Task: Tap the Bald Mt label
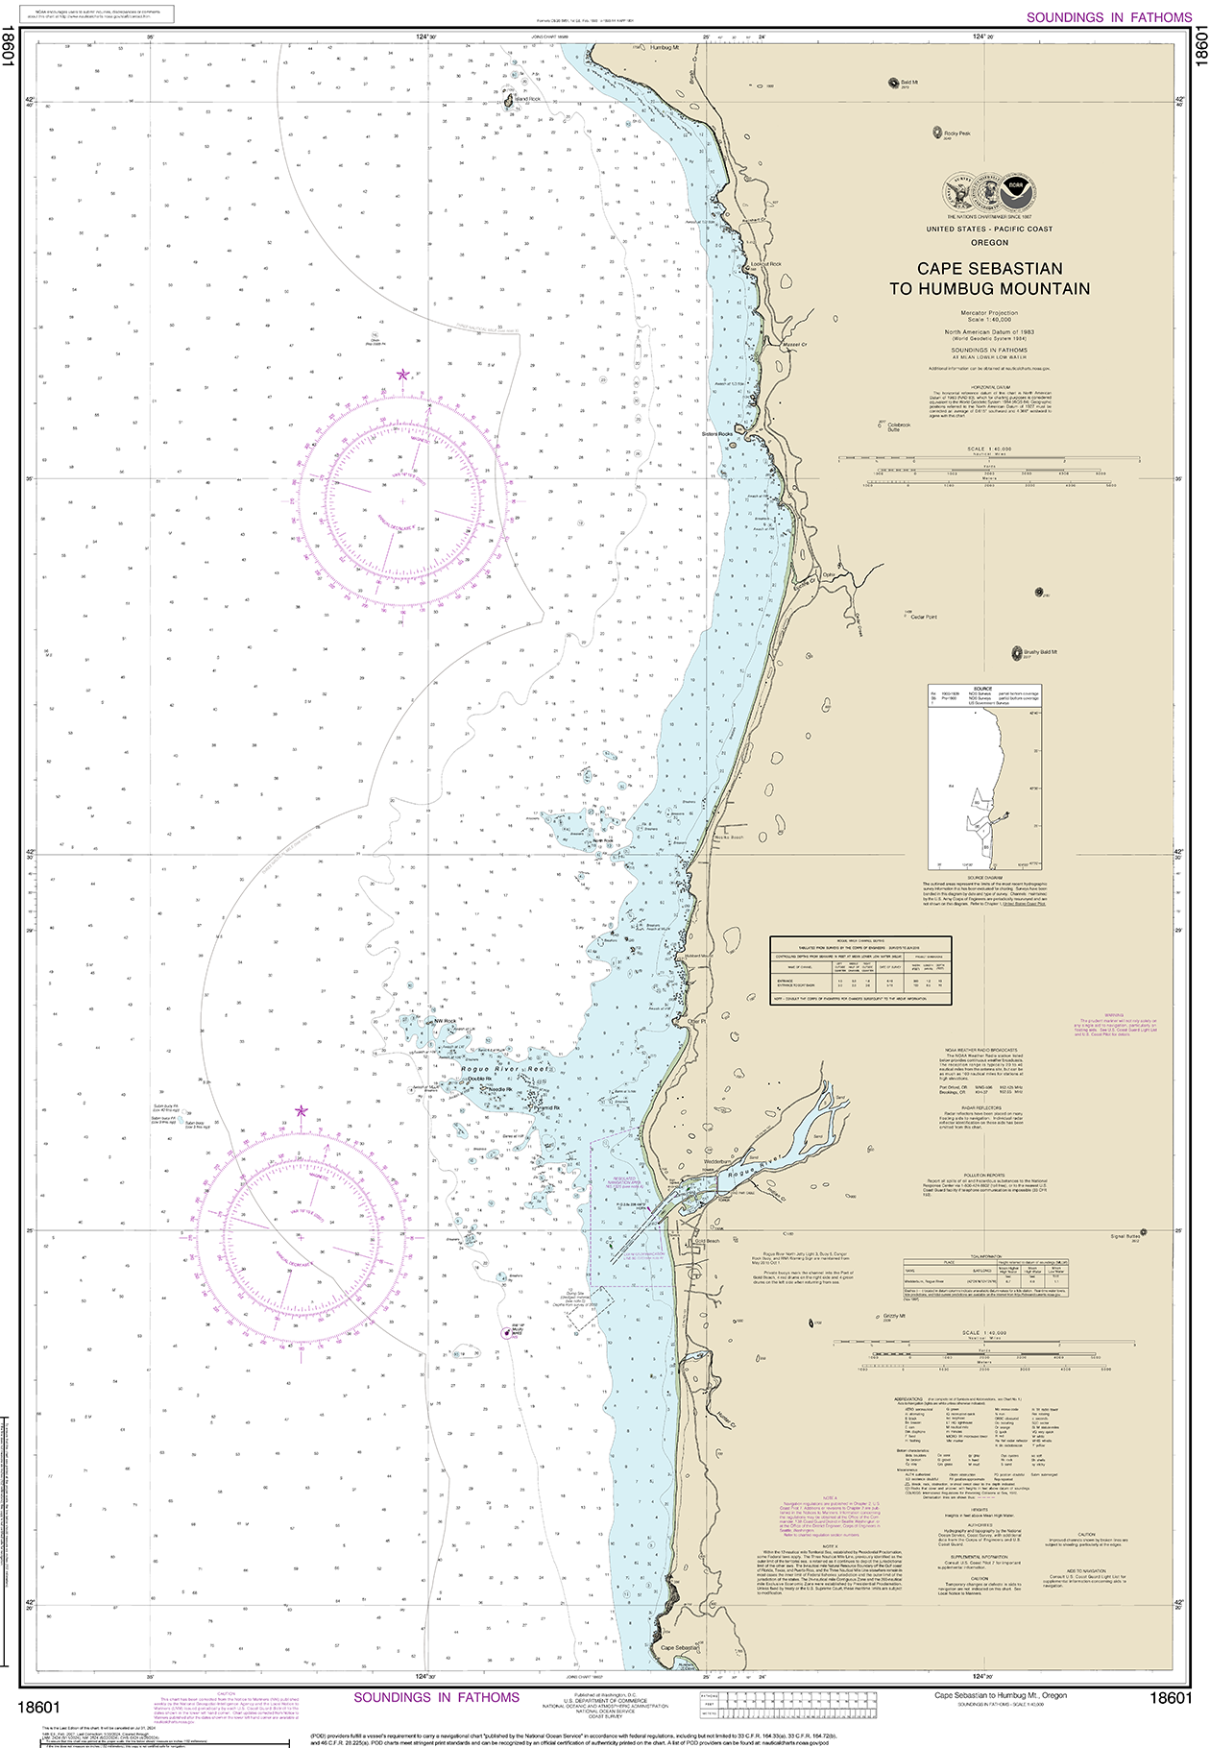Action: [x=909, y=83]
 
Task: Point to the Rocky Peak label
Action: [x=956, y=134]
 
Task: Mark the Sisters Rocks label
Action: [x=716, y=434]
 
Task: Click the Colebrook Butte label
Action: [x=899, y=426]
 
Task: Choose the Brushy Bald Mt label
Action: [x=1039, y=652]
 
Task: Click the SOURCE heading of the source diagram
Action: [x=982, y=689]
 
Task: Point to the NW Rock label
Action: [x=445, y=1021]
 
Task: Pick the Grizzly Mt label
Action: [x=894, y=1317]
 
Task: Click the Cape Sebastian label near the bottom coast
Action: [x=679, y=1647]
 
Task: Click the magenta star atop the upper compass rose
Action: [x=403, y=374]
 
